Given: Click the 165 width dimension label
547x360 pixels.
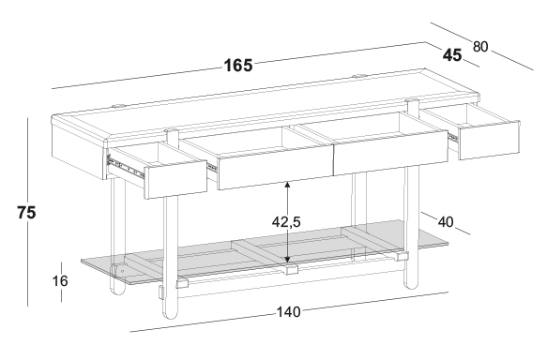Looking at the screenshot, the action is (238, 66).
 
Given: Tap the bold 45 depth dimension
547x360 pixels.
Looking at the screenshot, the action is (452, 55).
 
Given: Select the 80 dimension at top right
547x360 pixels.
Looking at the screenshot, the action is (480, 46).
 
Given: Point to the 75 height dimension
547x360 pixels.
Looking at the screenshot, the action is (26, 212).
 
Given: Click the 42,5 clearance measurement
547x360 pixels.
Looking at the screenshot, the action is (286, 221).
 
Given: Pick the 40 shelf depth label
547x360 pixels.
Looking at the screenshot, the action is (446, 221).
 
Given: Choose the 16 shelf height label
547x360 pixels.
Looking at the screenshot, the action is (60, 281).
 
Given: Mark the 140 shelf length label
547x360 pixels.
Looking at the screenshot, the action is (288, 312).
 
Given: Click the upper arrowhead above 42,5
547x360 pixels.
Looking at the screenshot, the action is (287, 185).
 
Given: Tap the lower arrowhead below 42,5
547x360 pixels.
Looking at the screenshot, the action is (287, 260).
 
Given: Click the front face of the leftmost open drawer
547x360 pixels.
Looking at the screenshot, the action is (176, 180).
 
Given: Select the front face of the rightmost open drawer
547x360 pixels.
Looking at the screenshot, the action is (489, 141).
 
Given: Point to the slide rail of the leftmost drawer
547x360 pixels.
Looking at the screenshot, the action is (126, 168).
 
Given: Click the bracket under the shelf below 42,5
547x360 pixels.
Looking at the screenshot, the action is (290, 270).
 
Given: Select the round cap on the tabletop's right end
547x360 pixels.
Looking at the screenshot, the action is (358, 76).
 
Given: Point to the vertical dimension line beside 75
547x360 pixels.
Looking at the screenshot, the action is (28, 212).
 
